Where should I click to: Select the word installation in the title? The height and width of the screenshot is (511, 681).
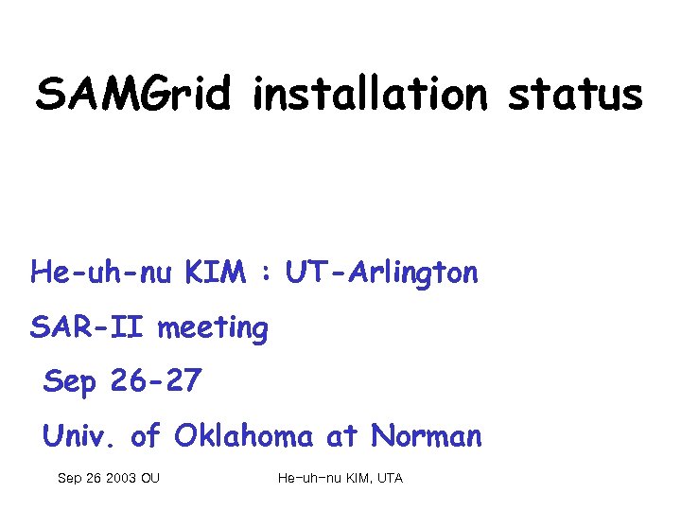coord(369,95)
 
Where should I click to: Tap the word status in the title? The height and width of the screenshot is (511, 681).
coord(575,95)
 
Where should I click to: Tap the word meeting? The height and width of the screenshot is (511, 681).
coord(213,330)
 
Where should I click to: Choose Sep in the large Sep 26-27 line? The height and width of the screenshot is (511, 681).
coord(70,382)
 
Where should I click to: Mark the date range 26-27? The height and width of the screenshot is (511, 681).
coord(155,381)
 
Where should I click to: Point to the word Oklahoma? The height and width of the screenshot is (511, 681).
coord(244,436)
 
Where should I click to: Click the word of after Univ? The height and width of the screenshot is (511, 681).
coord(146,436)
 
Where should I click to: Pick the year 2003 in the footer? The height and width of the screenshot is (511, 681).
coord(120,479)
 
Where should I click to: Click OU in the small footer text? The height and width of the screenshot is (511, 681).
coord(149,479)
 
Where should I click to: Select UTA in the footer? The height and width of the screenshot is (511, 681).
coord(390,479)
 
